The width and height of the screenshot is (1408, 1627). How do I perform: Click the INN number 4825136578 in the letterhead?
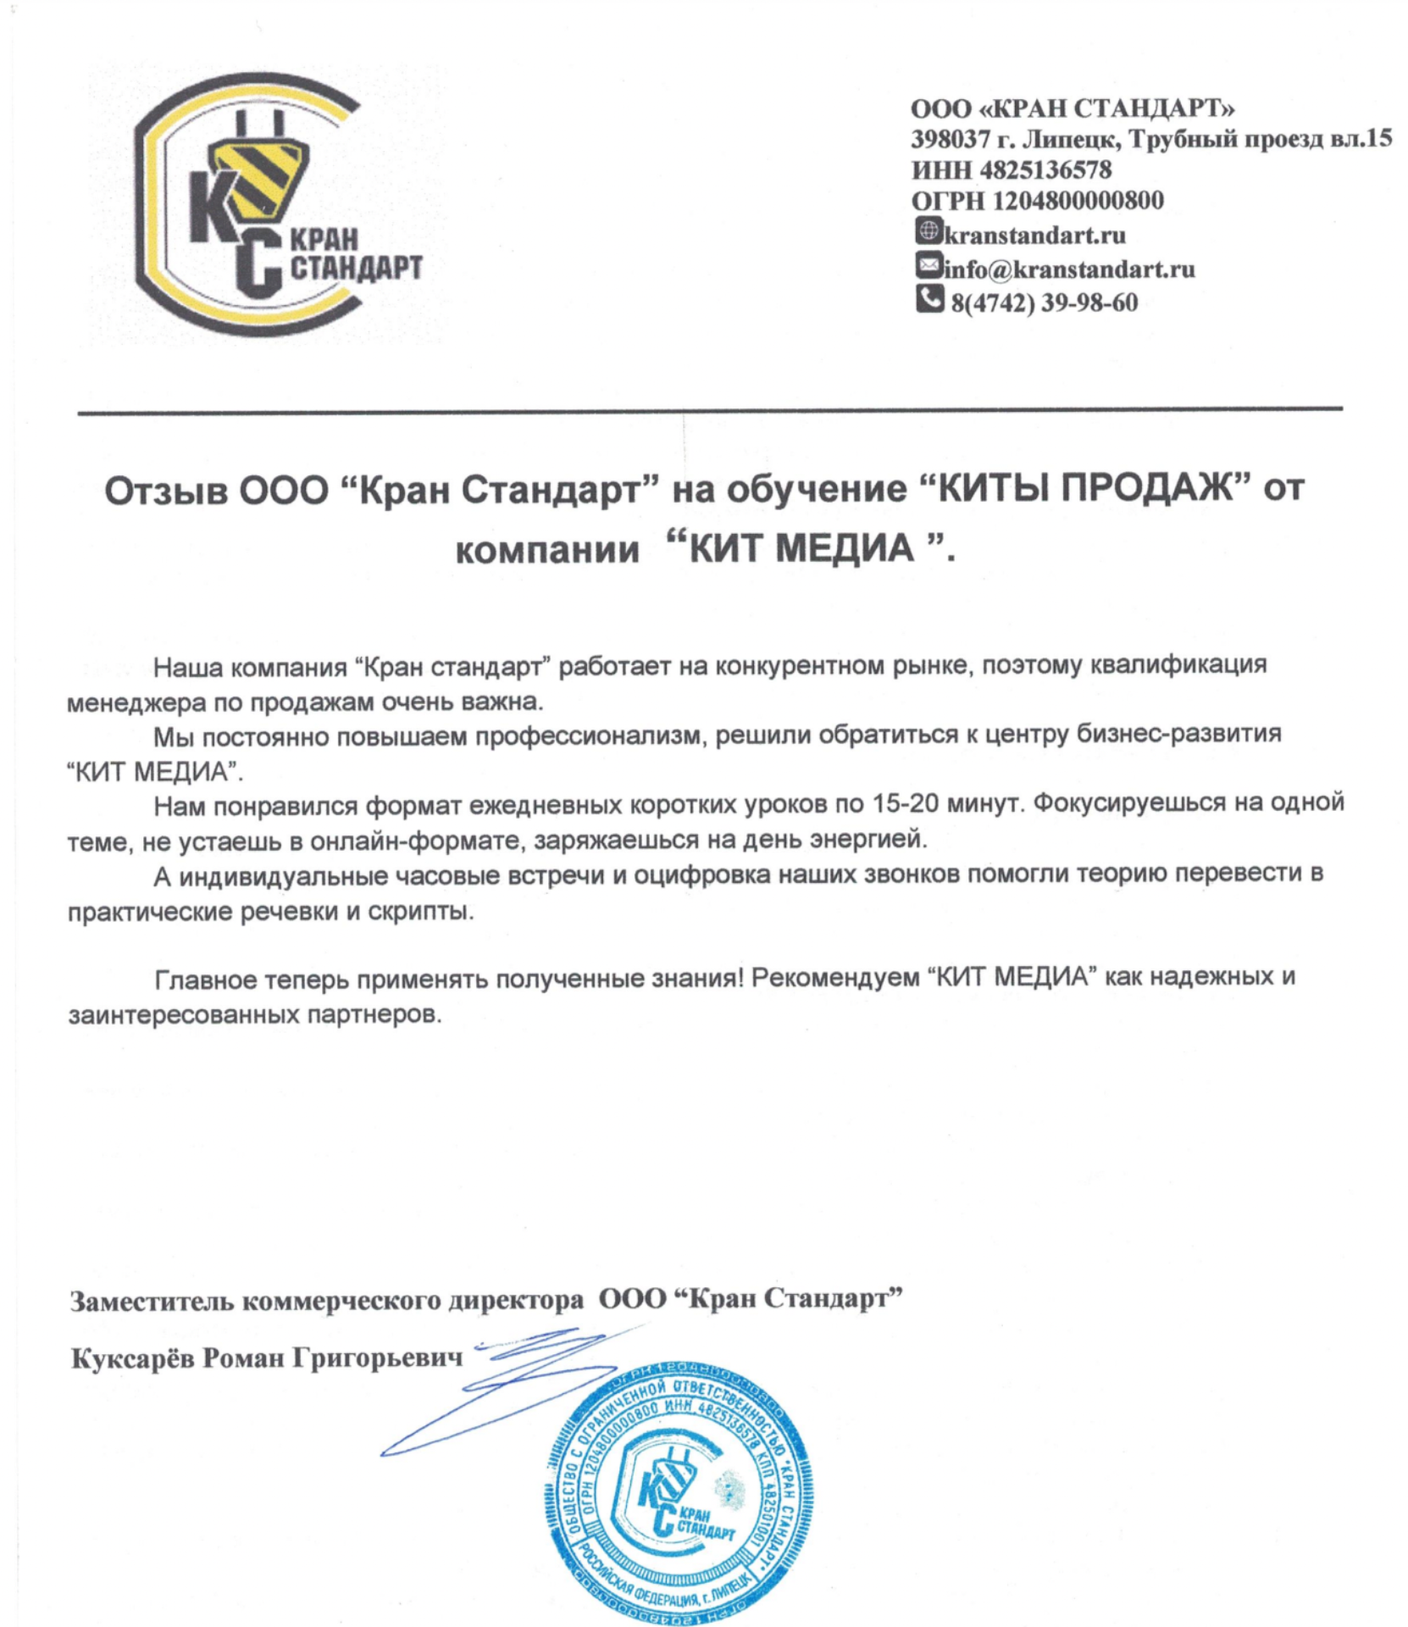coord(1045,170)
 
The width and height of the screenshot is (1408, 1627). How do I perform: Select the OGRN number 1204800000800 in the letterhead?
coord(1078,201)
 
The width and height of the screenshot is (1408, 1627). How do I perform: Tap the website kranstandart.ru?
coord(1034,235)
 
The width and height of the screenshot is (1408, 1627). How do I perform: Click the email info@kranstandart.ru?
coord(1069,269)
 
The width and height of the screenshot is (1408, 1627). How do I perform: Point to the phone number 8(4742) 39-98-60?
coord(1044,303)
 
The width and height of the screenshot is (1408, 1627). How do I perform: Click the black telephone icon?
coord(929,299)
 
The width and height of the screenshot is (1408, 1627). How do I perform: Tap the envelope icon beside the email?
coord(929,266)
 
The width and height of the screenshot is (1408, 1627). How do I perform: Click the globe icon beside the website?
coord(929,230)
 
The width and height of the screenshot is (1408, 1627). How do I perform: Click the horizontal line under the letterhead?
coord(710,411)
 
